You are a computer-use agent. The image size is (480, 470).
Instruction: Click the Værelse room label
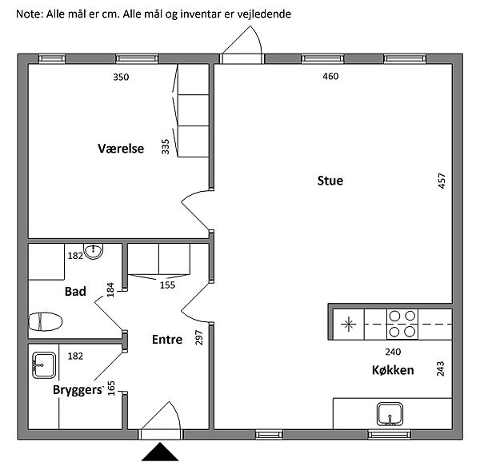120,148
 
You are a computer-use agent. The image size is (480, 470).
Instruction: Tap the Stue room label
330,181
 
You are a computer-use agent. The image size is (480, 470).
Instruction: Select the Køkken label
392,370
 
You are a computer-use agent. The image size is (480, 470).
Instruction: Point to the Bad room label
75,292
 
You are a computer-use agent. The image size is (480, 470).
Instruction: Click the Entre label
167,339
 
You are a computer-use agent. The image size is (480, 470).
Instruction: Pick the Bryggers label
78,389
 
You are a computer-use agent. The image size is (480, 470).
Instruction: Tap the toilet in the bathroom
46,322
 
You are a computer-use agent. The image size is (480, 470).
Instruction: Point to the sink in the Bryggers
43,366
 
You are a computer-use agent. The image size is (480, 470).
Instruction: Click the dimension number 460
330,77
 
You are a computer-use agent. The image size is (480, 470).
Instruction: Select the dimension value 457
442,181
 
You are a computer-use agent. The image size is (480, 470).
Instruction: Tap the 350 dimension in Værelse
120,78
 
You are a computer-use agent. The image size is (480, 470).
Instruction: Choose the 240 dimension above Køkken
392,351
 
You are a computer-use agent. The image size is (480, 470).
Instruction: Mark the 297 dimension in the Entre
199,339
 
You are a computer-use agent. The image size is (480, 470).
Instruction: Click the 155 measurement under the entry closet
167,284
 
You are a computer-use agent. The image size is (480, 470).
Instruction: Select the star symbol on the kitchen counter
349,324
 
